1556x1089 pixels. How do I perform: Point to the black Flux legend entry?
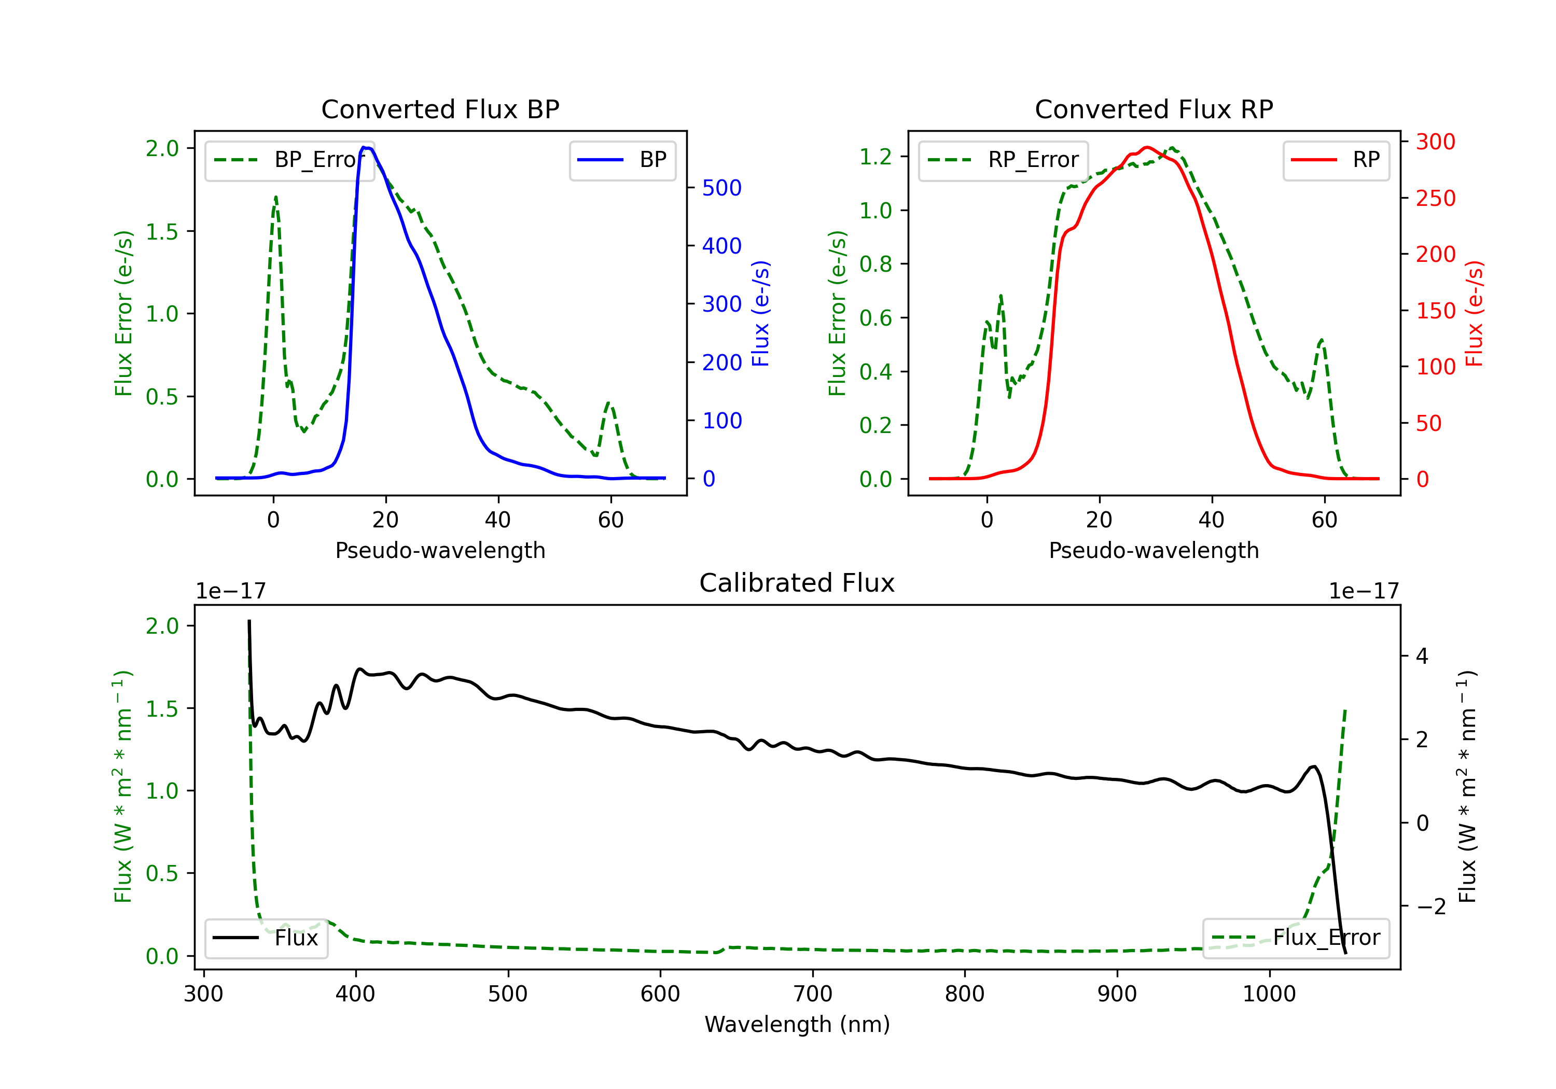click(267, 939)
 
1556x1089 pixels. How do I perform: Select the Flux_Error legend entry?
click(1295, 939)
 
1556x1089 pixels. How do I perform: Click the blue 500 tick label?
click(722, 188)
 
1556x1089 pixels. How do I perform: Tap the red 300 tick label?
click(1435, 142)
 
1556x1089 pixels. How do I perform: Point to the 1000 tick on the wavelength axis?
click(1269, 994)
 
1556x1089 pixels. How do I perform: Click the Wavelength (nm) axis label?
click(797, 1025)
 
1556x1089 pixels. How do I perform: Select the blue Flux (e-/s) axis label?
click(761, 314)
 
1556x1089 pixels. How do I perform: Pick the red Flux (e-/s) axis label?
click(1475, 314)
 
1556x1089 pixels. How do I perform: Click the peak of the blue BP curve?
click(365, 147)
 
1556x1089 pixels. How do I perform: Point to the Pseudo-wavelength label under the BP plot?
click(440, 551)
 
